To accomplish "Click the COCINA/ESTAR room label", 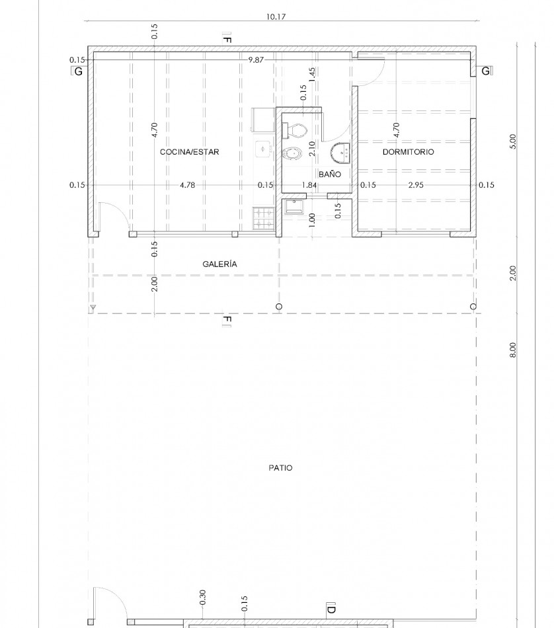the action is coord(190,152).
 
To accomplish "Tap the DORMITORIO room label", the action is coord(408,152).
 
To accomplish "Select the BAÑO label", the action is coord(330,175).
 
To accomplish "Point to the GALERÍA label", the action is coord(219,264).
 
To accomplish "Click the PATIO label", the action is coord(280,468).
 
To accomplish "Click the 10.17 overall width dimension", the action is coord(276,17).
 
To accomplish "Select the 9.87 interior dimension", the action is coord(256,60).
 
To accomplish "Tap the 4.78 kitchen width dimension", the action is coord(188,185).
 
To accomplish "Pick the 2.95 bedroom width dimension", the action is coord(416,185).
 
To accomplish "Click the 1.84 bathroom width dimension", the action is coord(309,185).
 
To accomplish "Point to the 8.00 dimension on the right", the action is coord(513,350).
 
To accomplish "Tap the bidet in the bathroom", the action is coord(292,153).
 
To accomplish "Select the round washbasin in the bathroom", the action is coord(340,153).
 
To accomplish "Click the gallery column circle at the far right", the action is coord(473,307).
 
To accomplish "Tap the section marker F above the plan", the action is coord(227,39).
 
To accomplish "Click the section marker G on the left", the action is coord(77,71).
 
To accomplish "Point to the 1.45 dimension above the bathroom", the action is coord(313,75).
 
